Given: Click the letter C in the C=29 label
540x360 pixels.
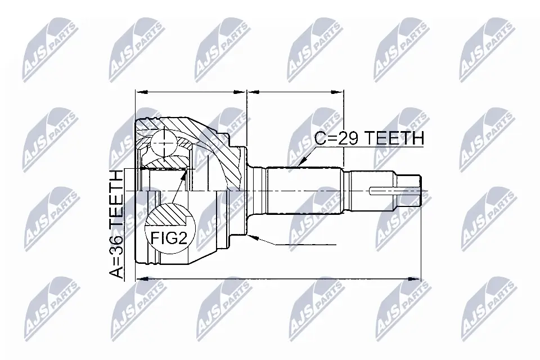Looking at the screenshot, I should (x=321, y=138).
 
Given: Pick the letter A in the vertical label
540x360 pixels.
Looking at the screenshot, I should (x=117, y=272).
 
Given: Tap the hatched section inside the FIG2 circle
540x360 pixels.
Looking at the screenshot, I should (x=166, y=215).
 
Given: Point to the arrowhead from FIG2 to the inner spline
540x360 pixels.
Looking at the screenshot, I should (x=186, y=171).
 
